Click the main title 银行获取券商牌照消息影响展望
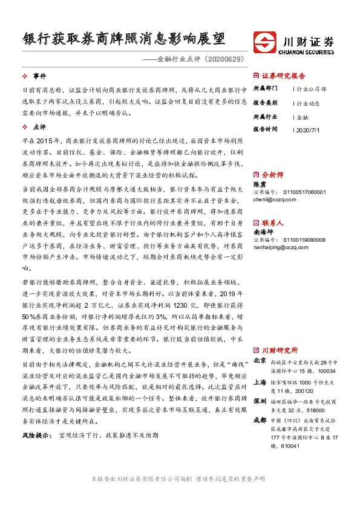tap(123, 39)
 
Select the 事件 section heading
tap(39, 76)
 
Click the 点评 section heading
tap(39, 128)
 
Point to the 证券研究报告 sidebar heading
tap(284, 76)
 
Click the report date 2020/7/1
tap(309, 129)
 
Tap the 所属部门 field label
tap(264, 89)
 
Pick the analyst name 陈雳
tap(259, 184)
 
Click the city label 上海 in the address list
tap(260, 382)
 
